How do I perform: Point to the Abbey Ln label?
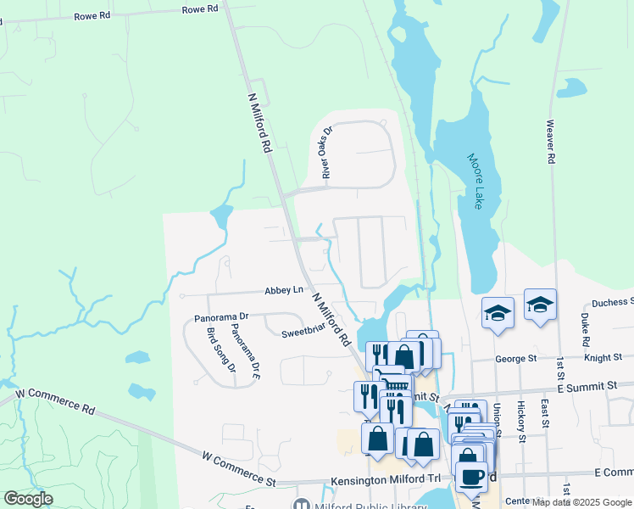[284, 290]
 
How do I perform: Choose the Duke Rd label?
[586, 330]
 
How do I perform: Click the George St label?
[511, 359]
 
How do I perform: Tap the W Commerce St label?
[239, 468]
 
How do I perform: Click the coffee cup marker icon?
[471, 475]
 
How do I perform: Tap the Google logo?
[28, 499]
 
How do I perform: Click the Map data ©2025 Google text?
[581, 501]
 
